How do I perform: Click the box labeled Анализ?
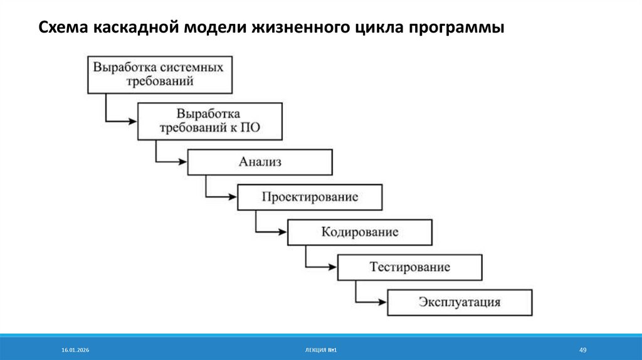tap(260, 162)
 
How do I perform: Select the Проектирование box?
tap(310, 197)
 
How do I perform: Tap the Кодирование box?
tap(360, 232)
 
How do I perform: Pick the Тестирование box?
tap(410, 267)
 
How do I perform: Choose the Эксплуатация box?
tap(460, 302)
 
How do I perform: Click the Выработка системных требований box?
tap(159, 75)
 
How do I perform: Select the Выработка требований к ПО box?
tap(209, 122)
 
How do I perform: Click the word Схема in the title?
tap(62, 29)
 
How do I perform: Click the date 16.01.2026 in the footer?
tap(75, 349)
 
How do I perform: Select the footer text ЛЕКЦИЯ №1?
tap(320, 349)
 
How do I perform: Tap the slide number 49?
tap(582, 349)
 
